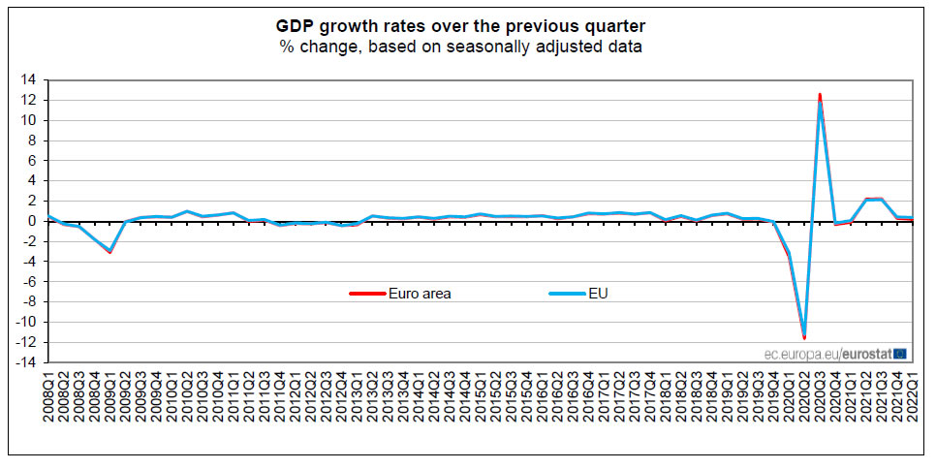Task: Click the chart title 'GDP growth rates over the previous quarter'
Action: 467,25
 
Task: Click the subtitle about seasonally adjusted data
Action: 467,46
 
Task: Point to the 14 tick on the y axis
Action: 30,79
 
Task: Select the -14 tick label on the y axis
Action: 27,362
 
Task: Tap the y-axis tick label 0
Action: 34,221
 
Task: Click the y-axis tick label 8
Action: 34,141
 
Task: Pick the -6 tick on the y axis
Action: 30,282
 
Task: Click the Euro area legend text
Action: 420,294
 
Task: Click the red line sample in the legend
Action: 368,294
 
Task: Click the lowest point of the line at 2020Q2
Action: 804,337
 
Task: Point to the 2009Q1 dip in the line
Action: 111,252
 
